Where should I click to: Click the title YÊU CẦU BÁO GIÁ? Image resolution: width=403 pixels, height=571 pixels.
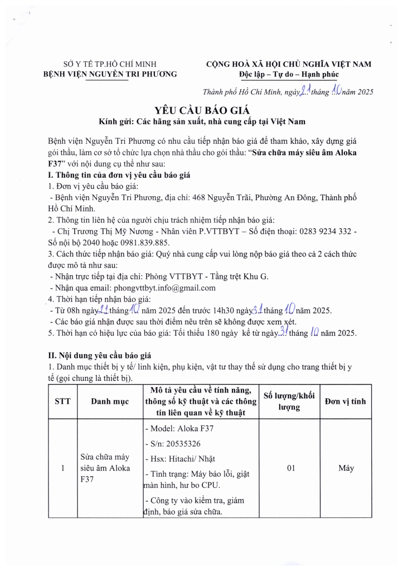click(x=201, y=109)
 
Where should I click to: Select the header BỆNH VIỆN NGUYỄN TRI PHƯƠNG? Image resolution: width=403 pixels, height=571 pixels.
click(x=110, y=74)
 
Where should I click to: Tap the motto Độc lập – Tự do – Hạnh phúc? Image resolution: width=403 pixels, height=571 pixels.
click(x=288, y=74)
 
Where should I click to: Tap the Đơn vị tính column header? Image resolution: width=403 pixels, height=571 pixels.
click(x=346, y=401)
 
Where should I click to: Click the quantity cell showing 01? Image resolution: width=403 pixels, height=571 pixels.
click(x=290, y=468)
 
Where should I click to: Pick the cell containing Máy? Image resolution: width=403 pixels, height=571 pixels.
click(x=346, y=468)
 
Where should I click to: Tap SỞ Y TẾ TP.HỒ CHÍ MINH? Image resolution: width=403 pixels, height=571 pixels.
click(x=110, y=64)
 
